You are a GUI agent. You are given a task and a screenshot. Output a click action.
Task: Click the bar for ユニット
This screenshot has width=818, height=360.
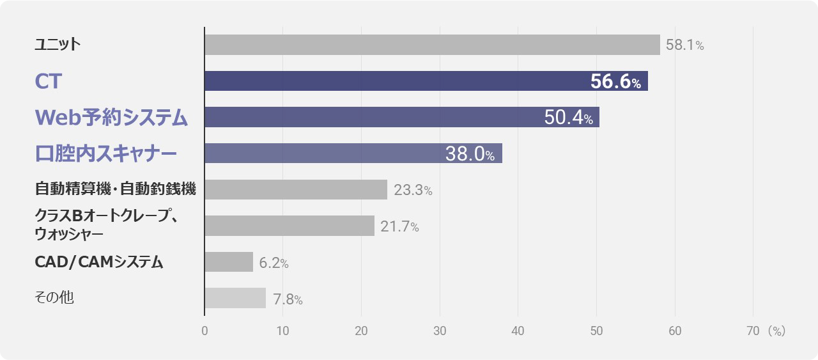pyautogui.click(x=433, y=45)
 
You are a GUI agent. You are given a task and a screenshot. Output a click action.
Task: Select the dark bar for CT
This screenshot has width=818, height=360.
pyautogui.click(x=426, y=81)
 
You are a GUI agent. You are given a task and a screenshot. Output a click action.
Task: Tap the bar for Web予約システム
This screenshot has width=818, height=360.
pyautogui.click(x=402, y=117)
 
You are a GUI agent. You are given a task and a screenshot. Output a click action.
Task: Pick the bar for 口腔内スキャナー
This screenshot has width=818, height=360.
pyautogui.click(x=353, y=153)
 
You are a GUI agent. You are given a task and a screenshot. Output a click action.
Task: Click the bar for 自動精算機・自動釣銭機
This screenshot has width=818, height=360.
pyautogui.click(x=296, y=189)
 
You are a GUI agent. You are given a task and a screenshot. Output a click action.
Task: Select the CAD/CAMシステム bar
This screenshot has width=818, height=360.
pyautogui.click(x=229, y=262)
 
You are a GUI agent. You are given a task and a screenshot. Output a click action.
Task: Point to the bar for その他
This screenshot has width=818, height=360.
pyautogui.click(x=235, y=298)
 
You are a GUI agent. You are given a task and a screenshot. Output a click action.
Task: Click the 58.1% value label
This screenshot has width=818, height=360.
pyautogui.click(x=684, y=45)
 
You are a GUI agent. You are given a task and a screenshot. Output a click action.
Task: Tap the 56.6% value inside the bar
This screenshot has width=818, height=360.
pyautogui.click(x=615, y=81)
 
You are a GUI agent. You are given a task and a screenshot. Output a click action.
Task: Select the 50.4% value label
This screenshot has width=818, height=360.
pyautogui.click(x=569, y=117)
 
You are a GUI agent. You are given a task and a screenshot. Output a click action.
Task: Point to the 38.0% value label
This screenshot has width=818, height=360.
pyautogui.click(x=470, y=153)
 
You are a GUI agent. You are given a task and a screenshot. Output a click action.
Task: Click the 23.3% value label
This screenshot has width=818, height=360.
pyautogui.click(x=413, y=190)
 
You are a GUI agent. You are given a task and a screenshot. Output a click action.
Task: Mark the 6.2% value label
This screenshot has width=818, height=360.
pyautogui.click(x=274, y=263)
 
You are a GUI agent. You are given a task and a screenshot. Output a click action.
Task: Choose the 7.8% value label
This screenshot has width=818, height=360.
pyautogui.click(x=288, y=299)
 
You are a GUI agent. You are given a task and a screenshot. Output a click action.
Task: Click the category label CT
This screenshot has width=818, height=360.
pyautogui.click(x=48, y=81)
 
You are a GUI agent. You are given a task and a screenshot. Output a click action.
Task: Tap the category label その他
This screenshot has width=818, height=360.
pyautogui.click(x=54, y=297)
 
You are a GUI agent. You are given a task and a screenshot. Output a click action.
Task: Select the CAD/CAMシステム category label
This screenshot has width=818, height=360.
pyautogui.click(x=98, y=262)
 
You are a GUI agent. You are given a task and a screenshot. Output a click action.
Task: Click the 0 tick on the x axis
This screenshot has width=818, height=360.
pyautogui.click(x=204, y=331)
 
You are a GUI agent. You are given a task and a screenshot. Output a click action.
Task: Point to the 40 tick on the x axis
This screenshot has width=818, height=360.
pyautogui.click(x=518, y=331)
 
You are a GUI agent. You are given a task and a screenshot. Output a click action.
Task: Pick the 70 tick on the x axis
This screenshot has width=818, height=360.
pyautogui.click(x=753, y=331)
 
